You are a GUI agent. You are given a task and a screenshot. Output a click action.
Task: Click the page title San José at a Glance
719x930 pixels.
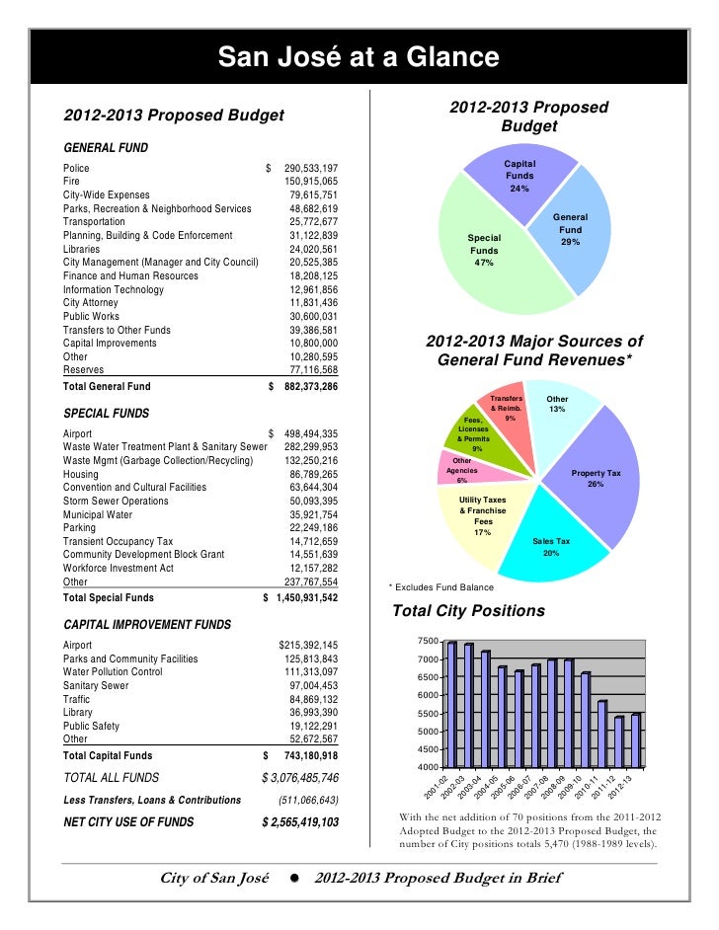click(x=359, y=57)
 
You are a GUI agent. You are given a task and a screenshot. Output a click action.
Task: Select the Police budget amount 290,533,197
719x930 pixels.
click(x=311, y=169)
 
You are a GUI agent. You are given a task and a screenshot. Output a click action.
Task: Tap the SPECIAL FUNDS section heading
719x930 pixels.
click(x=106, y=413)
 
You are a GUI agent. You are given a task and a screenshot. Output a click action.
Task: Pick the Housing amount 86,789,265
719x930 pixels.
click(x=314, y=474)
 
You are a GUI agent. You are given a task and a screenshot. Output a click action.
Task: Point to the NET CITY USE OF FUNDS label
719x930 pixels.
click(x=128, y=821)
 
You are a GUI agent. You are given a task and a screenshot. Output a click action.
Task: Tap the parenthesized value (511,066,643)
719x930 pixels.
click(x=308, y=800)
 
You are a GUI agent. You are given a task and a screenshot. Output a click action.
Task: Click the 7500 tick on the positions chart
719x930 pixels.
click(x=428, y=643)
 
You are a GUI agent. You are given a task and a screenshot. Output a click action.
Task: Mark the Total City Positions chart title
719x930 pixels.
click(x=468, y=611)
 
